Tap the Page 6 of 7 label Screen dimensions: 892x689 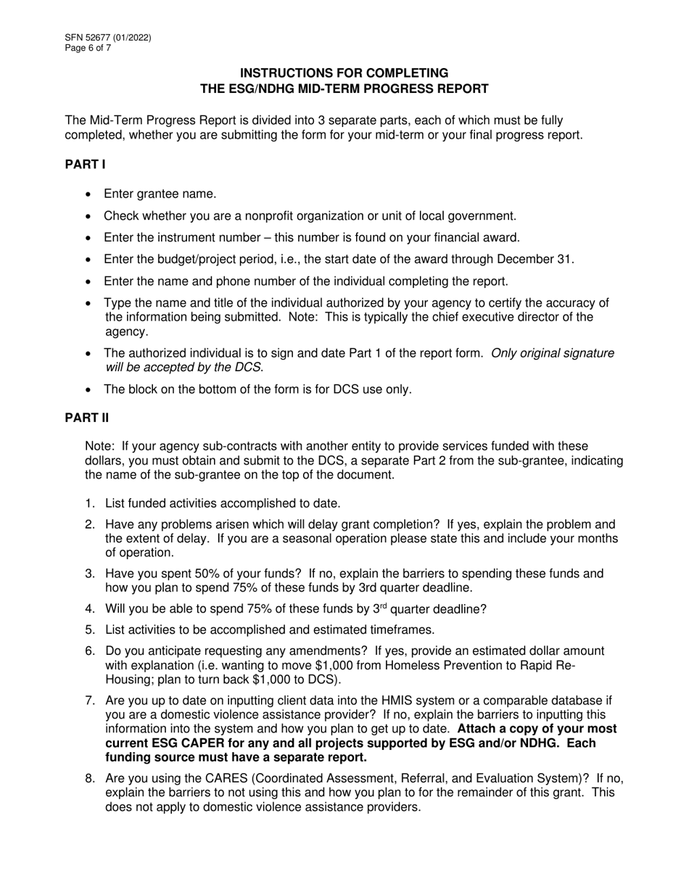[x=88, y=49]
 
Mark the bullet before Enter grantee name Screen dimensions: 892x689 [x=88, y=194]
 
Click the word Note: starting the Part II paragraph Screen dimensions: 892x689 [x=99, y=446]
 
